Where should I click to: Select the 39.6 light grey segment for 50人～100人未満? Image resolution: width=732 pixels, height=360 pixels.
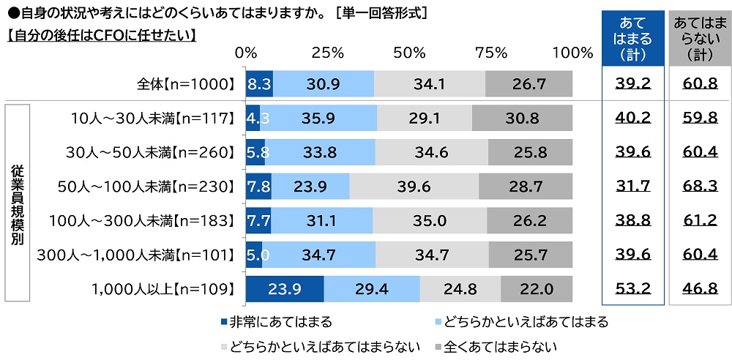tap(414, 187)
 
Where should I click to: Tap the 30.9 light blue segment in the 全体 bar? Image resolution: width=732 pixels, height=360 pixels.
tap(324, 84)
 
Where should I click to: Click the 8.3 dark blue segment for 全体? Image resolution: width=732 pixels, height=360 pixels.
tap(260, 84)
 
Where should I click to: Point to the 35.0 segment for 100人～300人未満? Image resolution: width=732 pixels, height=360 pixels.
tap(430, 220)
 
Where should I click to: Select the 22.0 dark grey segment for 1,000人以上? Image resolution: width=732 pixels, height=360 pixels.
tap(537, 288)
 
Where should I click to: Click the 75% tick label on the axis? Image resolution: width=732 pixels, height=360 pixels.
tap(490, 53)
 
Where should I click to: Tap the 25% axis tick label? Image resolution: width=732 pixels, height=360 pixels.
tap(327, 53)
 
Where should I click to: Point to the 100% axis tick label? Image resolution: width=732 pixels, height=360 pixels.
tap(572, 53)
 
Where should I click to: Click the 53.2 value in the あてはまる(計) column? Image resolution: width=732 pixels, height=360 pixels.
tap(633, 288)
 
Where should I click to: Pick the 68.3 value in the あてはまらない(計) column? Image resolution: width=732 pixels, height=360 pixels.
tap(700, 187)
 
